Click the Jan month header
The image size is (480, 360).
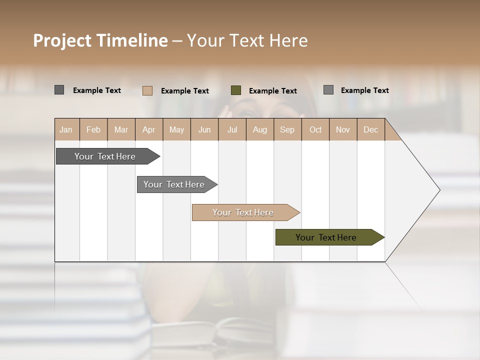66,129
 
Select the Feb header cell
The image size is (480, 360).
93,129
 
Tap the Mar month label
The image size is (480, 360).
121,129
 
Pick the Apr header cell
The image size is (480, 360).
148,129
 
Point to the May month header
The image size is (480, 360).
176,129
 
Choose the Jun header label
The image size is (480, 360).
204,129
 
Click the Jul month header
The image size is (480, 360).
232,129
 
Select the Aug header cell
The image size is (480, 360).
259,129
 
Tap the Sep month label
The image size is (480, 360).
287,129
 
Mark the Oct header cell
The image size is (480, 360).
315,129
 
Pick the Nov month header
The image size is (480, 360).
343,129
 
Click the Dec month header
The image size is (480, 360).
370,129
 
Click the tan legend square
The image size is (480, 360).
147,90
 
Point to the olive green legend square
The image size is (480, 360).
236,90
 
